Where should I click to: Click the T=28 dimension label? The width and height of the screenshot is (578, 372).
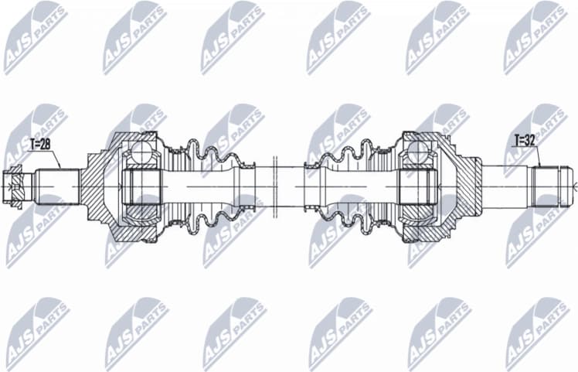click(x=41, y=143)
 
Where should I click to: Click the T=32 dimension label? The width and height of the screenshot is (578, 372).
click(x=526, y=141)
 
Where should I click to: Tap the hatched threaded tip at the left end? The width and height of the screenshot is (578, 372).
click(x=15, y=186)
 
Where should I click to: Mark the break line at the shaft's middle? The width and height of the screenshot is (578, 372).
click(x=275, y=186)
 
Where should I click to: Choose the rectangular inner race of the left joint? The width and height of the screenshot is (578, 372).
click(x=139, y=186)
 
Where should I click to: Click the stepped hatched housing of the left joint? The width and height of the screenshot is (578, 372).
click(x=97, y=186)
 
